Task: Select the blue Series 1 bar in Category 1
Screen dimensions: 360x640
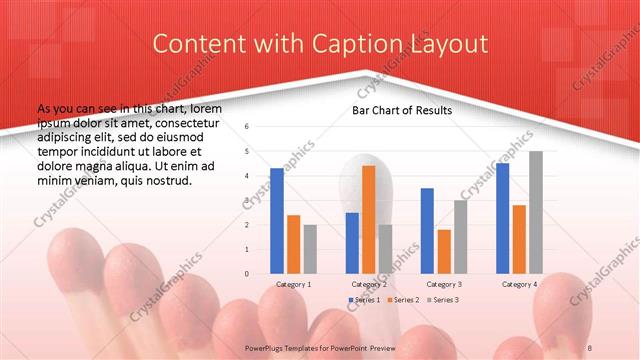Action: [x=277, y=220]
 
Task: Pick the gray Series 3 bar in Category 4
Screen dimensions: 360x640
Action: [x=536, y=212]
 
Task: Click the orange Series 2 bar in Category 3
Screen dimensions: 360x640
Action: [x=443, y=251]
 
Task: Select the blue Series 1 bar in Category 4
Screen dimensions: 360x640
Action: [x=502, y=218]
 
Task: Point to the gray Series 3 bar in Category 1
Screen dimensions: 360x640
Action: [x=310, y=248]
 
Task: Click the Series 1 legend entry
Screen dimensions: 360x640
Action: [x=364, y=300]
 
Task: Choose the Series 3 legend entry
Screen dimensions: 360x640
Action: [x=444, y=300]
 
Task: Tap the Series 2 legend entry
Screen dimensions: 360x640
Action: [x=404, y=300]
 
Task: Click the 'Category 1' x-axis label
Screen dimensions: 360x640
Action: [x=293, y=284]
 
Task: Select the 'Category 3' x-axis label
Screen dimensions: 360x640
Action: [x=443, y=284]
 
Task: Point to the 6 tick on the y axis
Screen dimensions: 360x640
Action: [x=246, y=127]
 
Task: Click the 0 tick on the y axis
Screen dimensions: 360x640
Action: [x=246, y=273]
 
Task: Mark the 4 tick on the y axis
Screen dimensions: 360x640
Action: [x=246, y=176]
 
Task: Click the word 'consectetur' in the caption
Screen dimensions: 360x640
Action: [x=195, y=119]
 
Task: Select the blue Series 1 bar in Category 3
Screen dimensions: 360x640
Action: [x=427, y=230]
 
